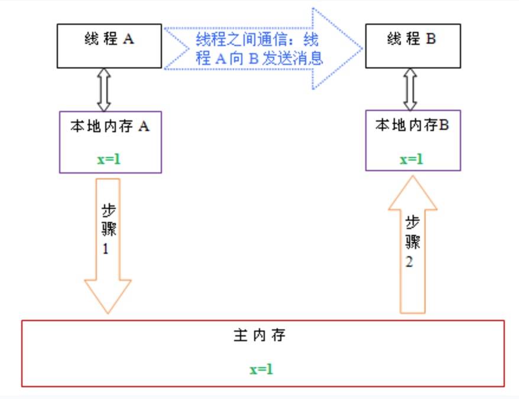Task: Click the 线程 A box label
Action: (109, 39)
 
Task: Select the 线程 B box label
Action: (411, 38)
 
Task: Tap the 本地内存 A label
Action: (110, 126)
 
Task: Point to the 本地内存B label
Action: (412, 125)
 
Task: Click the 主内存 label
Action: (259, 335)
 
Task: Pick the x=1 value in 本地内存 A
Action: (109, 159)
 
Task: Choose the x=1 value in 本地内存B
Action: (411, 159)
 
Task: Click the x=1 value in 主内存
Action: (261, 369)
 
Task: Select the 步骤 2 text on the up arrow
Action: (413, 241)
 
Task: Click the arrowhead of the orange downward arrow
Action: (108, 296)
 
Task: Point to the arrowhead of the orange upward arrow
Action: (413, 193)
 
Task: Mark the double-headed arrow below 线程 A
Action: (104, 90)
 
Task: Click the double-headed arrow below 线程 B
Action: (410, 89)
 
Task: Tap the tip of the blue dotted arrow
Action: (362, 48)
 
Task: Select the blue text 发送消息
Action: (293, 58)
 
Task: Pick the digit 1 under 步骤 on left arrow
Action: (106, 248)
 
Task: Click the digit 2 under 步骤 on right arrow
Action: (410, 261)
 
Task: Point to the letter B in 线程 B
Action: (431, 38)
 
